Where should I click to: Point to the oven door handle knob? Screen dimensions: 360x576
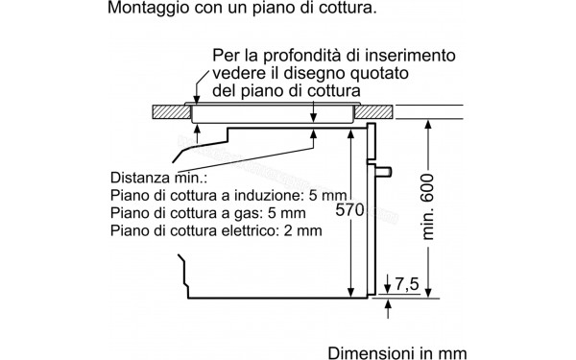click(x=386, y=173)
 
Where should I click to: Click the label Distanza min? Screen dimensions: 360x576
click(x=156, y=179)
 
